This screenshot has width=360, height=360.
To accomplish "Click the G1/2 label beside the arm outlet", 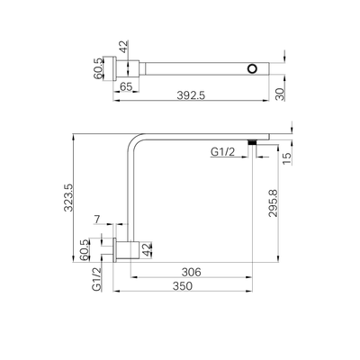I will (x=224, y=153).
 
